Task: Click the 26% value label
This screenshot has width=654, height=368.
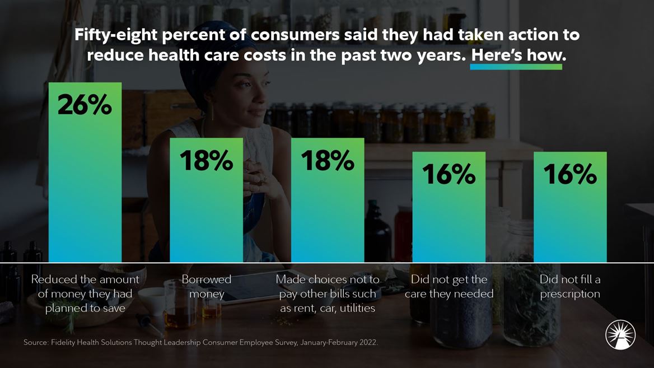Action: tap(85, 105)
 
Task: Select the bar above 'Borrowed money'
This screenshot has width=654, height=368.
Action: tap(207, 213)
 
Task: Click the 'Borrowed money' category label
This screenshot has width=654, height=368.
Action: tap(207, 286)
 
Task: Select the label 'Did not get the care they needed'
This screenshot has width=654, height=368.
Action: tap(449, 286)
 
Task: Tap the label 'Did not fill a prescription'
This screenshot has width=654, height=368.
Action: tap(570, 286)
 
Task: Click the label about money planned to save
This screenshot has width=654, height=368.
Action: tap(85, 294)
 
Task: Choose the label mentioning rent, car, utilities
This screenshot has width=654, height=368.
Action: tap(328, 294)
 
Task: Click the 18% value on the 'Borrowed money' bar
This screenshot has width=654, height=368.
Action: tap(207, 161)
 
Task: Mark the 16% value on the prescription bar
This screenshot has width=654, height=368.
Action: tap(570, 175)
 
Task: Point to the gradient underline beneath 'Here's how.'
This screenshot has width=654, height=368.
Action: tap(516, 67)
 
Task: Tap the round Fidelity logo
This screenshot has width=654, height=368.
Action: tap(620, 335)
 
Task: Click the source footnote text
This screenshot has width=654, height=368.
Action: tap(200, 342)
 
